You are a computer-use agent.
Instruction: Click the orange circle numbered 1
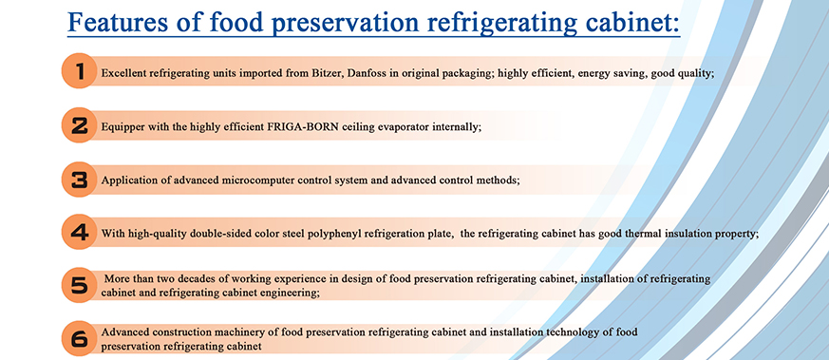click(x=80, y=71)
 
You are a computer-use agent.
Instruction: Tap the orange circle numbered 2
click(x=80, y=125)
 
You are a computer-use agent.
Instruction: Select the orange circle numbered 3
click(x=80, y=180)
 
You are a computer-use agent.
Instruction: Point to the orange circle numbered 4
click(x=80, y=232)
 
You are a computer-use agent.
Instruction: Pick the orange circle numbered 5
click(x=80, y=285)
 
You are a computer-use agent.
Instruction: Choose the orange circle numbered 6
click(x=80, y=338)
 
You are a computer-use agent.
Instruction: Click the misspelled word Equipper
click(x=120, y=128)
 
